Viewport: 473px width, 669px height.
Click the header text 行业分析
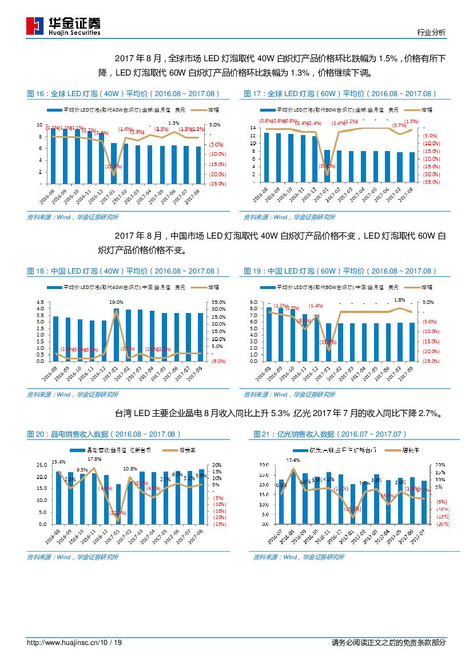tap(431, 33)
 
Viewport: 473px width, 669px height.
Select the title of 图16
tap(123, 94)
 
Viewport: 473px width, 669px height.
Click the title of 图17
tap(340, 94)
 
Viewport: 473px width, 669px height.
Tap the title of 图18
tap(123, 271)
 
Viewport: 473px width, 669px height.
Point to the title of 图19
tap(340, 271)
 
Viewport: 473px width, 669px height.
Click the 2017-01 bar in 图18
tap(116, 335)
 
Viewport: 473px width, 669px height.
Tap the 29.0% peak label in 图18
tap(116, 302)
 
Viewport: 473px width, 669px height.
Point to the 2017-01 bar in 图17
tap(327, 167)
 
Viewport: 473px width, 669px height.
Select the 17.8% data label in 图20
tap(94, 459)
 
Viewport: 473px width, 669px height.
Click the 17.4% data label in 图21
tap(293, 460)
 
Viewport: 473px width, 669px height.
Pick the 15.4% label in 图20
tap(58, 461)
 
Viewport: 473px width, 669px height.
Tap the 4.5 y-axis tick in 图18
tap(39, 302)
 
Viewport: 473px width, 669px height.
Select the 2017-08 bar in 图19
tap(412, 342)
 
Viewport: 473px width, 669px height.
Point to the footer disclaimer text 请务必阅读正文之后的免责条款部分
tap(388, 643)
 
